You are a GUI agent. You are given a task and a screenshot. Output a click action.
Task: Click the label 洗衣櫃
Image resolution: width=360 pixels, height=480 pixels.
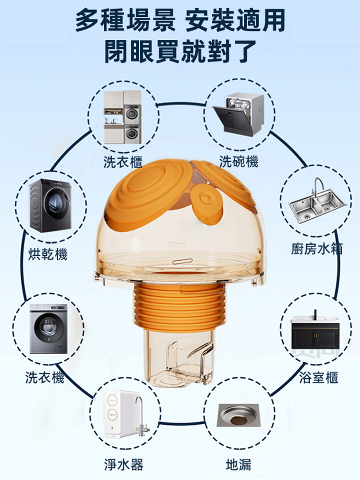point(123,162)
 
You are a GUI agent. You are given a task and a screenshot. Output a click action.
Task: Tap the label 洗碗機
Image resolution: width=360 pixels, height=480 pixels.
point(239,161)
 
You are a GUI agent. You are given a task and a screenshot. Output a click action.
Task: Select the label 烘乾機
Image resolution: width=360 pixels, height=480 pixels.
point(48,254)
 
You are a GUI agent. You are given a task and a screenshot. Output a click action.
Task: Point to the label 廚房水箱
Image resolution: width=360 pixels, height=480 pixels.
point(317,249)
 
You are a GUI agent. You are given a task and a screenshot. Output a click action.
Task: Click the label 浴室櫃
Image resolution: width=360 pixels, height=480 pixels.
point(319,377)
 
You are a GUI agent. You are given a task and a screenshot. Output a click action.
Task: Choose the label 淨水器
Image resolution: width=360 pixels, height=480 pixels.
point(124,464)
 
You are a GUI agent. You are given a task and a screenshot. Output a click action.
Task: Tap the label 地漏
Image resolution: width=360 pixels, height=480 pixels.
point(239,464)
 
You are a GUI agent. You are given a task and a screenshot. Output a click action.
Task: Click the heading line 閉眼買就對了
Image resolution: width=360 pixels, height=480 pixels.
point(180,51)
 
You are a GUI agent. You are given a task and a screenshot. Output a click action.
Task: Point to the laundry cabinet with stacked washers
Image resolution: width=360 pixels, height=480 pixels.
point(122,117)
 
